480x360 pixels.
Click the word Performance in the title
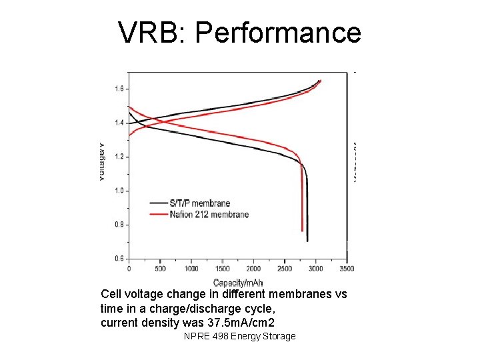[x=278, y=33]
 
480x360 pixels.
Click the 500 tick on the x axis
[x=160, y=269]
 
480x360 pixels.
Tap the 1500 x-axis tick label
[x=222, y=269]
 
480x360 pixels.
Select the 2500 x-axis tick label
[x=285, y=269]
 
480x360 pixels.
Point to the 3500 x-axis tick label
[x=347, y=269]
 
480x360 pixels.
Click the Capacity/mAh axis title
[x=238, y=283]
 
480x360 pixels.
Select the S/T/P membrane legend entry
[x=199, y=203]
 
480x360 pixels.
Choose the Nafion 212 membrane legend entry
[x=209, y=214]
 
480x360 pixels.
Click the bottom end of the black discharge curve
[x=307, y=241]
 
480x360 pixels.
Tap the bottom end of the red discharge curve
[x=303, y=230]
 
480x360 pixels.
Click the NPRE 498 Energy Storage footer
[x=239, y=336]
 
